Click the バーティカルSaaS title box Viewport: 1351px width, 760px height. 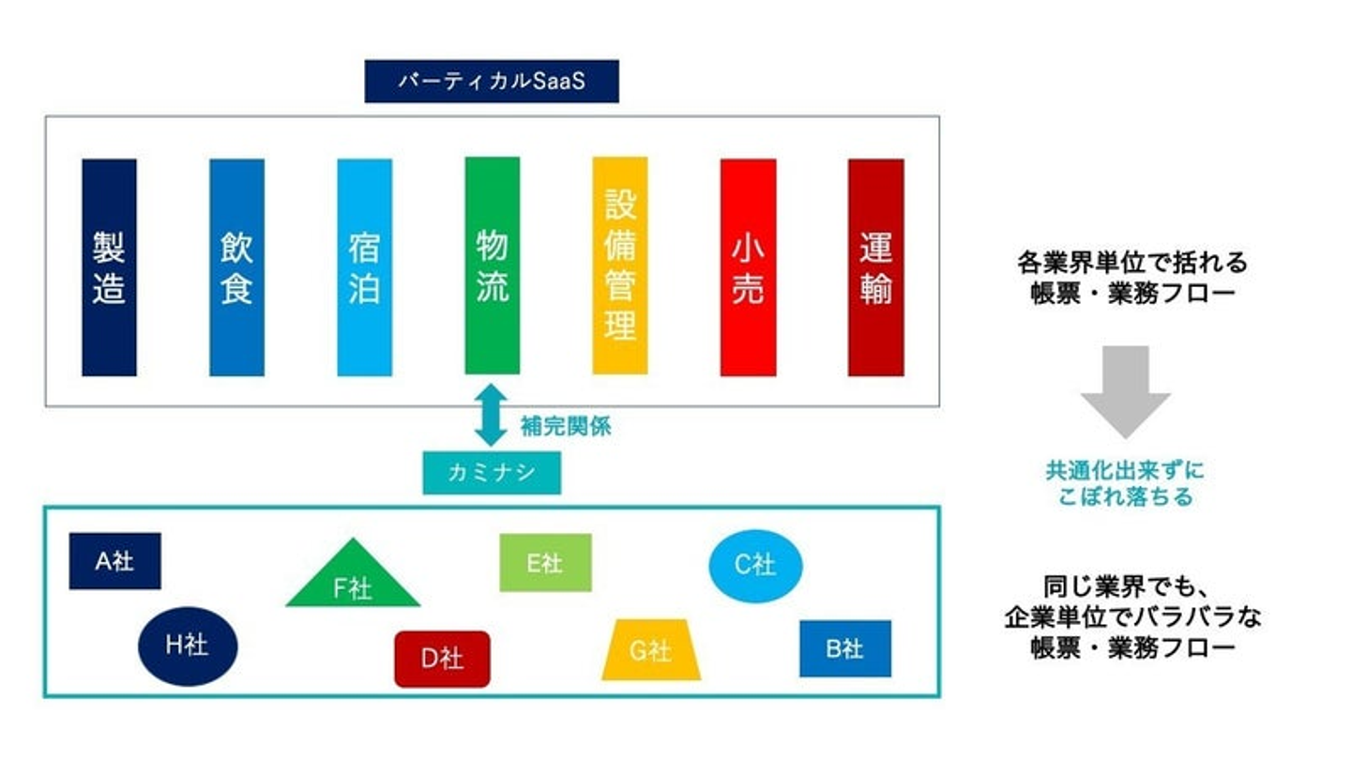coord(491,81)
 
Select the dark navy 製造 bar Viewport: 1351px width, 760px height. coord(109,267)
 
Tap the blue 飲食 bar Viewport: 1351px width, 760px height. coord(236,267)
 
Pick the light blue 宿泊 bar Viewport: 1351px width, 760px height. coord(364,267)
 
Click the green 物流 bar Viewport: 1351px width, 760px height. coord(492,266)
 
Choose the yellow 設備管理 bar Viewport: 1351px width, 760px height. coord(619,266)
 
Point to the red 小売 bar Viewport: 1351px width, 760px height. coord(748,267)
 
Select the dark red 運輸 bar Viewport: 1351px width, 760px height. coord(875,267)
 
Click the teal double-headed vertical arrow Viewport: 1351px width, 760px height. coord(491,414)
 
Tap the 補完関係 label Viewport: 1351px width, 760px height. coord(566,426)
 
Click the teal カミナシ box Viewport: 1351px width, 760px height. coord(492,472)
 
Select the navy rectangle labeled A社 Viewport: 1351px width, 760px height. coord(114,561)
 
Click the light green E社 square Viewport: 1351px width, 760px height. coord(545,563)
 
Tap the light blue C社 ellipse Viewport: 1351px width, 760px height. coord(755,566)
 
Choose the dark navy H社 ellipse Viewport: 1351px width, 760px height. coord(188,646)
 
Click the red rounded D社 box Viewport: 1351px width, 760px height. coord(442,659)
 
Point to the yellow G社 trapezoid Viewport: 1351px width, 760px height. coord(650,650)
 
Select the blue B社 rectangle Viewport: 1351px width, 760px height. coord(844,648)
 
